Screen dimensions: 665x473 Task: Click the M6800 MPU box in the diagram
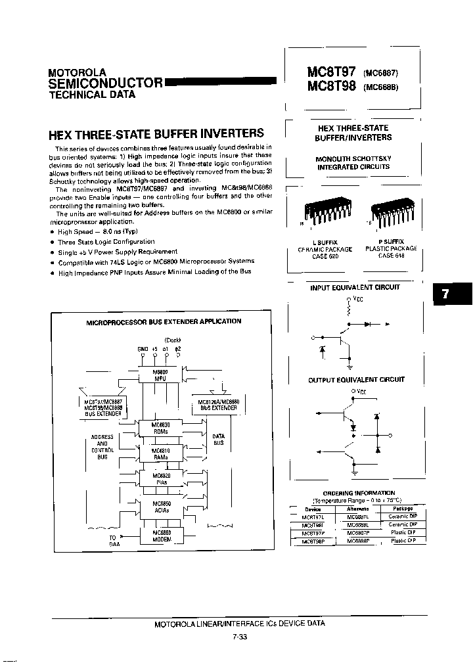tap(160, 375)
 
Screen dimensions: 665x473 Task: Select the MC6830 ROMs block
tap(161, 428)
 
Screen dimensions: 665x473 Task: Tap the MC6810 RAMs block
tap(161, 454)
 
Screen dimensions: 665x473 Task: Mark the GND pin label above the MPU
tap(143, 348)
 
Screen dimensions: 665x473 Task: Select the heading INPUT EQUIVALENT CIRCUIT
tap(354, 287)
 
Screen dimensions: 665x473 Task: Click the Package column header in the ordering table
tap(403, 509)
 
